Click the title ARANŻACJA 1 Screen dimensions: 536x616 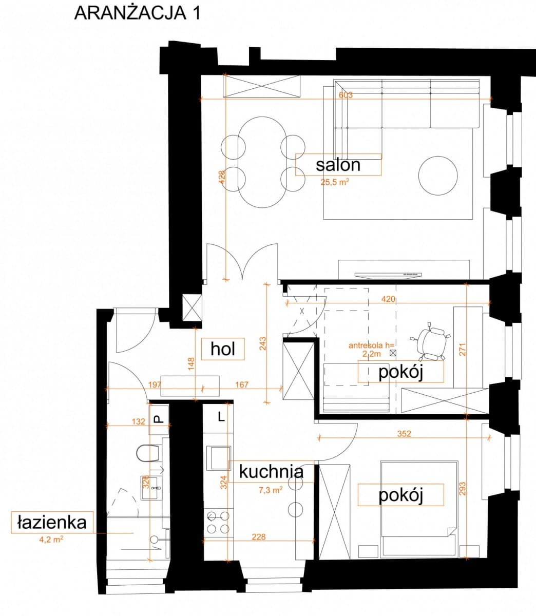pyautogui.click(x=137, y=13)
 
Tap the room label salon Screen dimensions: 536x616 pyautogui.click(x=338, y=165)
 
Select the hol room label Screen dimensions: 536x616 pyautogui.click(x=223, y=349)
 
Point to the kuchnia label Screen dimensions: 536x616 pyautogui.click(x=271, y=472)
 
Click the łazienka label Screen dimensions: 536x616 pyautogui.click(x=52, y=523)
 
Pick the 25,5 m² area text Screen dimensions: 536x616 pyautogui.click(x=335, y=182)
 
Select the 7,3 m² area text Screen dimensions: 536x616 pyautogui.click(x=271, y=490)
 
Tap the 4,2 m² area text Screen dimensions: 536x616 pyautogui.click(x=51, y=539)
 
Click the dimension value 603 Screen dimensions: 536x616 pyautogui.click(x=346, y=95)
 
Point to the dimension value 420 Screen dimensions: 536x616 pyautogui.click(x=388, y=299)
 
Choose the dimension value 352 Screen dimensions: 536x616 pyautogui.click(x=404, y=434)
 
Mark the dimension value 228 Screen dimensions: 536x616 pyautogui.click(x=259, y=537)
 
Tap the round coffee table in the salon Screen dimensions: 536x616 pyautogui.click(x=438, y=176)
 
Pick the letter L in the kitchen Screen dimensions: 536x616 pyautogui.click(x=221, y=417)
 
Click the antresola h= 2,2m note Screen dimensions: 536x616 pyautogui.click(x=372, y=350)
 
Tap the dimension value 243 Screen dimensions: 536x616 pyautogui.click(x=262, y=343)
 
